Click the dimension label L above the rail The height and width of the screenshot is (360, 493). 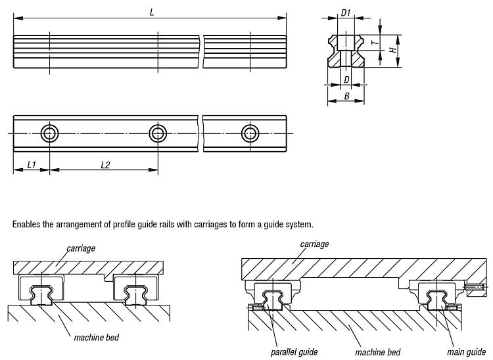[x=152, y=12]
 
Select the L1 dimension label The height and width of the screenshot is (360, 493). [x=31, y=165]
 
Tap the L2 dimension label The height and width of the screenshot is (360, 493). [x=105, y=165]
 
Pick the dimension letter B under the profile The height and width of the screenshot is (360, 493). [x=346, y=97]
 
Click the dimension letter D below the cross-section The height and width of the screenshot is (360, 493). [x=346, y=79]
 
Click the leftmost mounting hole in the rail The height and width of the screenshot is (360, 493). [x=49, y=133]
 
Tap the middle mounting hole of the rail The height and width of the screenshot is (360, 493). [x=157, y=133]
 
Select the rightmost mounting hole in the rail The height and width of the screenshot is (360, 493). [x=249, y=133]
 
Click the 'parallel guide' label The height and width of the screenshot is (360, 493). [x=294, y=352]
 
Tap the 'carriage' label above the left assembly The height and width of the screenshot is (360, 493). [x=81, y=248]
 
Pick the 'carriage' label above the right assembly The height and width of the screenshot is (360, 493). [x=314, y=244]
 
